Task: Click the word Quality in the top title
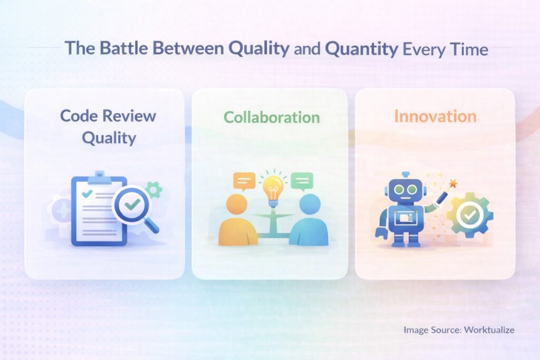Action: (x=258, y=48)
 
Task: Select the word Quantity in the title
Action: (x=362, y=48)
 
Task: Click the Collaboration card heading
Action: (x=272, y=116)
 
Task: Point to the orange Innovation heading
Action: (x=435, y=116)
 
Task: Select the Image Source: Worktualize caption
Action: (x=459, y=330)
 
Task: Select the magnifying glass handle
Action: (x=152, y=226)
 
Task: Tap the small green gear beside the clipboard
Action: (x=153, y=190)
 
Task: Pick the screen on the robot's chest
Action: (x=406, y=217)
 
